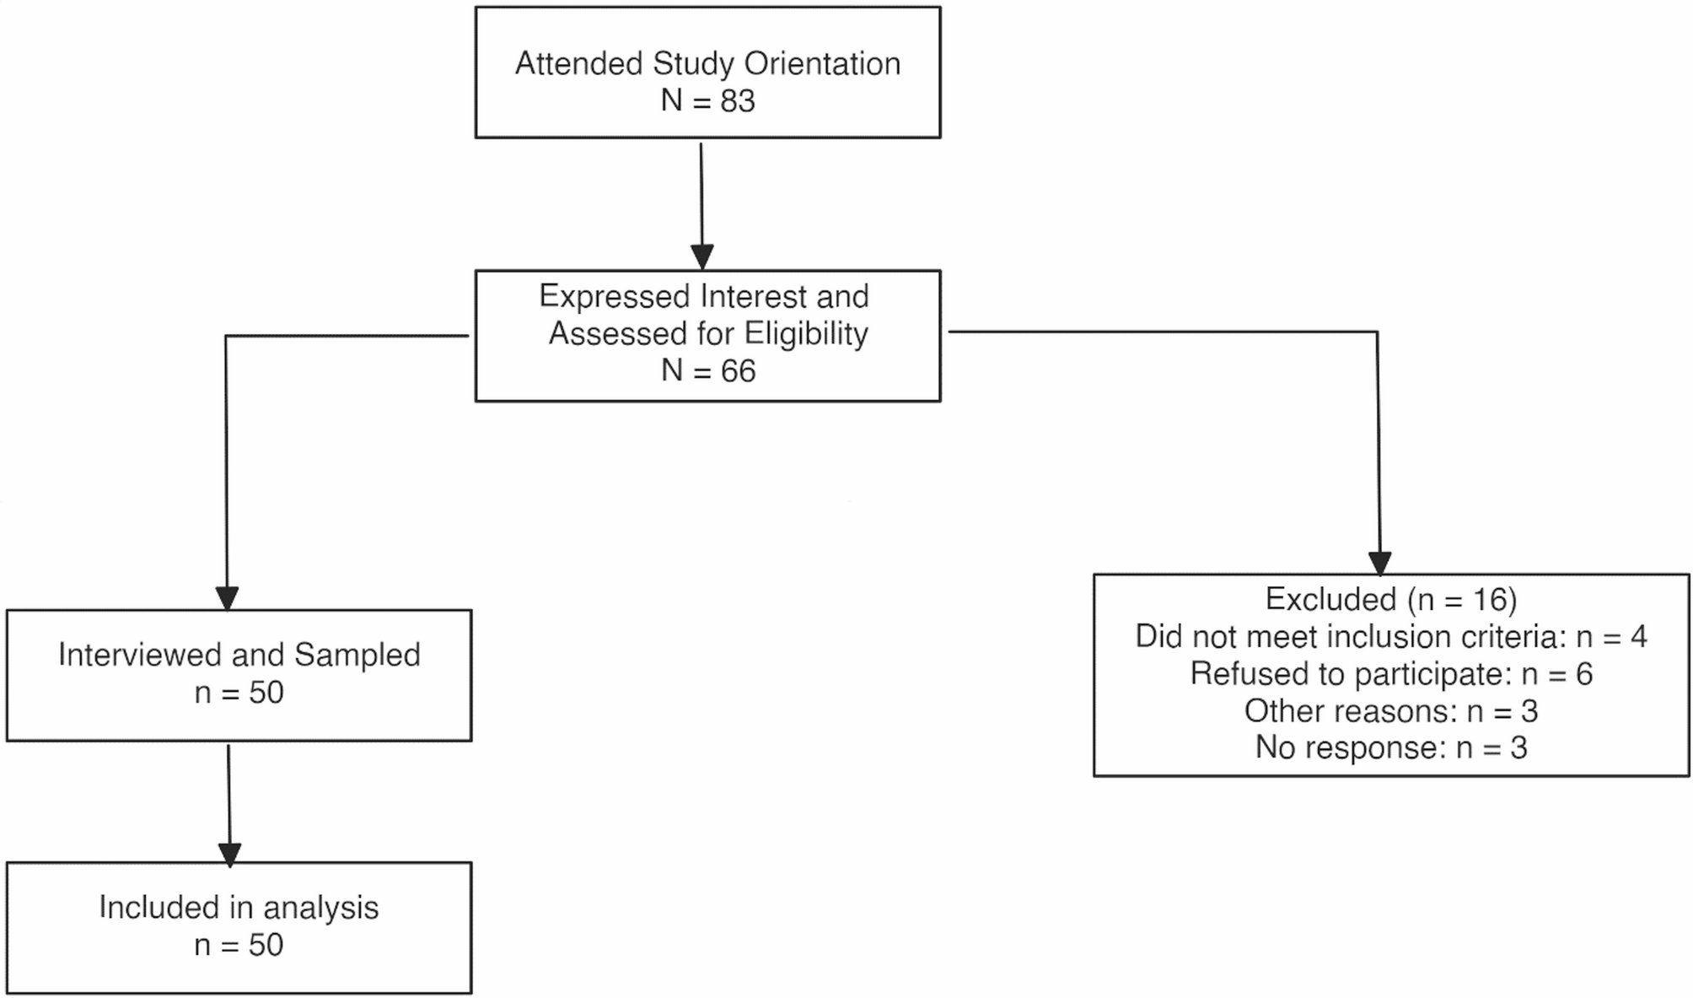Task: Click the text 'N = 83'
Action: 707,101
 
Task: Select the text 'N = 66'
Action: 707,371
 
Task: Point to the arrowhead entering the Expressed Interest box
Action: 702,256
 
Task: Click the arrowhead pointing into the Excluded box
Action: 1379,563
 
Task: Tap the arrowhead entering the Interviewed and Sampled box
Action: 227,598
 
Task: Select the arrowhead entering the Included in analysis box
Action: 229,854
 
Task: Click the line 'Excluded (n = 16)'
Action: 1391,600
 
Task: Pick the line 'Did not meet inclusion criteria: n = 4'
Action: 1391,637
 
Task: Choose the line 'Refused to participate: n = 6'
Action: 1391,674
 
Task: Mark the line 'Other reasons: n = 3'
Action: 1391,711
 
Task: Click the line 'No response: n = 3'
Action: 1391,748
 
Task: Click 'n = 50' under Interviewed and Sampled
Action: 239,693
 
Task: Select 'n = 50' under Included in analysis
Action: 239,945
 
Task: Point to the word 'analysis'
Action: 320,909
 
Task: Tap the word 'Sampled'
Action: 357,655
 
